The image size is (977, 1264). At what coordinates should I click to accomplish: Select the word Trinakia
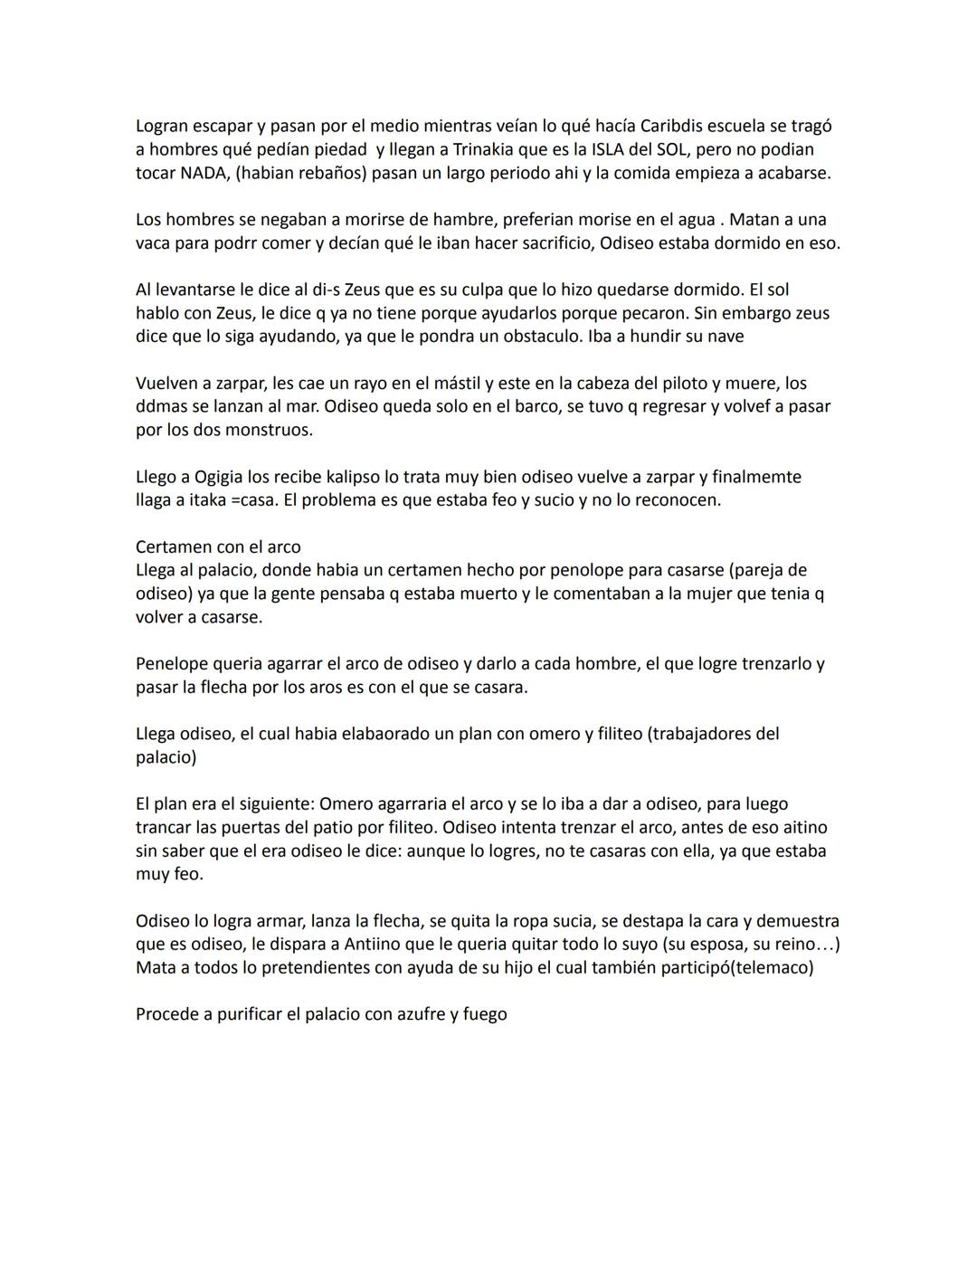coord(488,149)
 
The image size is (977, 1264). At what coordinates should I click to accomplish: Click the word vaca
coord(154,243)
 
